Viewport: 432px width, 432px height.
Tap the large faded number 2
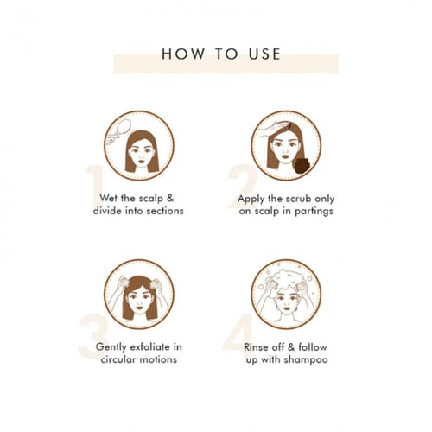(x=243, y=187)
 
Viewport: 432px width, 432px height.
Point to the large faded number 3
(x=93, y=336)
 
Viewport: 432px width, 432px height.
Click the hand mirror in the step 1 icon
(x=119, y=131)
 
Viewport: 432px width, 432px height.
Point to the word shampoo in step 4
(x=306, y=360)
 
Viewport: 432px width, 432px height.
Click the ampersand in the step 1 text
(x=170, y=198)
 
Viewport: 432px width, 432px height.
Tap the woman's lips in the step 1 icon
(x=142, y=162)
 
